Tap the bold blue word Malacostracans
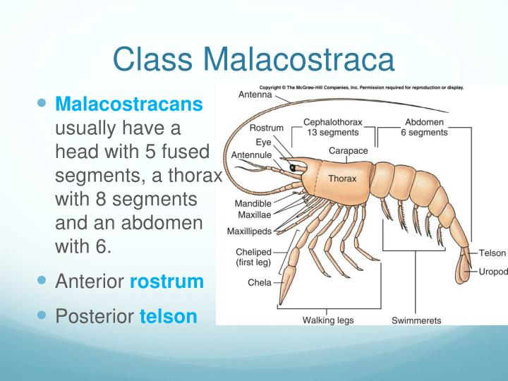[x=129, y=104]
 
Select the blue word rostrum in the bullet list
[x=167, y=282]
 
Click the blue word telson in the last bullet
[x=169, y=315]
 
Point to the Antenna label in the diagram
[x=256, y=95]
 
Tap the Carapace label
[x=348, y=150]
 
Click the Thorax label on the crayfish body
[x=342, y=178]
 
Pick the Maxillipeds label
[x=249, y=231]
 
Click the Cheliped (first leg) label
[x=255, y=257]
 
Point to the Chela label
[x=260, y=282]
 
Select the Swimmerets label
[x=416, y=320]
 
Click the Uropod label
[x=492, y=272]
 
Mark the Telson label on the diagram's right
[x=492, y=253]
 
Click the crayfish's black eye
[x=291, y=167]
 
